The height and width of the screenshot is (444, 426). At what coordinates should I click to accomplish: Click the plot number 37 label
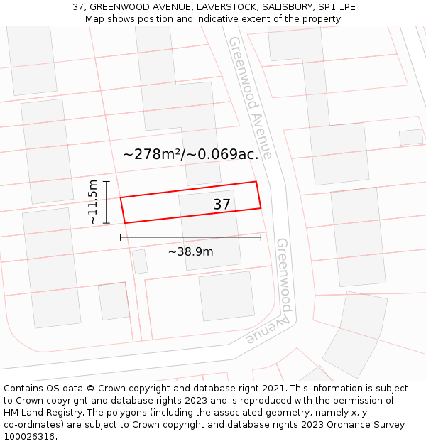pyautogui.click(x=222, y=205)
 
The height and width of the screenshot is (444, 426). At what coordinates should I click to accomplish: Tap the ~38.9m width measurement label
pyautogui.click(x=190, y=251)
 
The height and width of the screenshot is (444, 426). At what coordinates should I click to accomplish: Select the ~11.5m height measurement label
pyautogui.click(x=93, y=202)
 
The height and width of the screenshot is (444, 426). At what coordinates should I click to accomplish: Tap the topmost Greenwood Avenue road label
pyautogui.click(x=249, y=97)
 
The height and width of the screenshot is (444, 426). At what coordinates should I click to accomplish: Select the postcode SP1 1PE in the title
pyautogui.click(x=337, y=7)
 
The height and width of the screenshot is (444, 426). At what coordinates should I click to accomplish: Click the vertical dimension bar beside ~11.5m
pyautogui.click(x=106, y=202)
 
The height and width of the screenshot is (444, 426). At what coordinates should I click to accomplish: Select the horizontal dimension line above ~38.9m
pyautogui.click(x=190, y=237)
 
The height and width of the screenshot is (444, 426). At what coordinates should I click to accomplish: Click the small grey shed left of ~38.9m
pyautogui.click(x=140, y=261)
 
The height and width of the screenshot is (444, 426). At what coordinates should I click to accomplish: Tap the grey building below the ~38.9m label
pyautogui.click(x=226, y=296)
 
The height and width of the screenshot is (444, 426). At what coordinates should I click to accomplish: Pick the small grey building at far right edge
pyautogui.click(x=410, y=137)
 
